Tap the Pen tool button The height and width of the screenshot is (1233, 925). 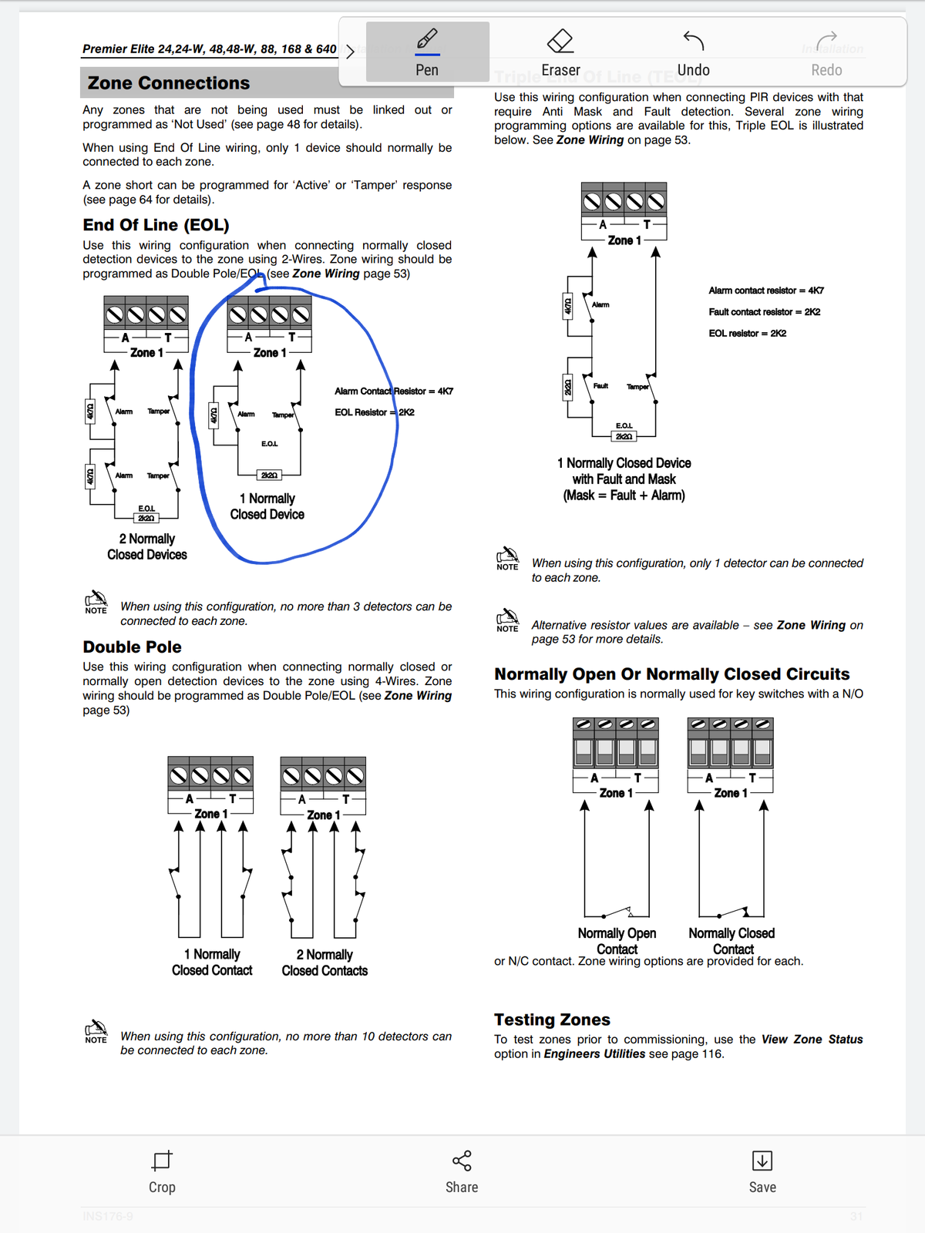(427, 51)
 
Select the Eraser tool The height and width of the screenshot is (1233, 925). (560, 51)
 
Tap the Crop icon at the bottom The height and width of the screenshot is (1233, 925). (162, 1161)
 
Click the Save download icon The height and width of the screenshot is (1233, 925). (762, 1161)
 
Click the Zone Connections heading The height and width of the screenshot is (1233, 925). (169, 83)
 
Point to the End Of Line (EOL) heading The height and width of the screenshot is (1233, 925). (156, 225)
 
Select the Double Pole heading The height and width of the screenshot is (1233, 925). (133, 647)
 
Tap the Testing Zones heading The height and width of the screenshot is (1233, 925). (552, 1020)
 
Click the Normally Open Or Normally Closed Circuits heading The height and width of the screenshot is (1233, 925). (671, 674)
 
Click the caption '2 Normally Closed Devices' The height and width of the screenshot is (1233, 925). (147, 546)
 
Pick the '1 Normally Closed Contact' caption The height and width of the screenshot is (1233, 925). (212, 963)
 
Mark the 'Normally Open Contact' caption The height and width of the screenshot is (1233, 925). (617, 941)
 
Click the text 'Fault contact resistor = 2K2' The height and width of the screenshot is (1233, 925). (764, 312)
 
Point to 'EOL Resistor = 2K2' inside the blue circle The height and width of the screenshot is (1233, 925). (375, 412)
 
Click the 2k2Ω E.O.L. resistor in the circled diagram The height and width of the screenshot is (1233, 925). (269, 475)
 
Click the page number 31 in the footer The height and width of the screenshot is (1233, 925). (856, 1217)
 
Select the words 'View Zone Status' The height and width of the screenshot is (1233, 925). (812, 1040)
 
